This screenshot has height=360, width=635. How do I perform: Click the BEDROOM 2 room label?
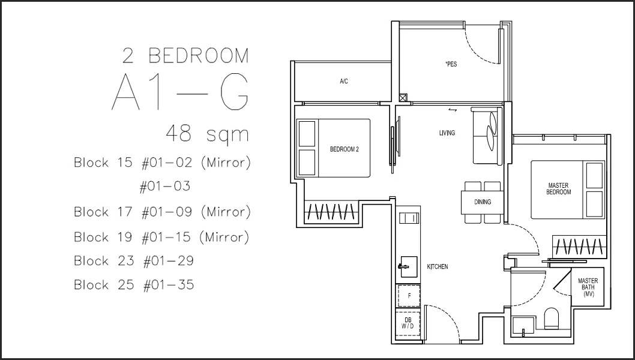coord(345,149)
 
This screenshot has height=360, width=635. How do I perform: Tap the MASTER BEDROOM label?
coord(558,189)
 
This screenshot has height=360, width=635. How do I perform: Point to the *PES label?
coord(451,64)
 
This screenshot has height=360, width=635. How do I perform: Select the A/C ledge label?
coord(344,82)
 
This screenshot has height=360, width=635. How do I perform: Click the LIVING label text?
coord(447,133)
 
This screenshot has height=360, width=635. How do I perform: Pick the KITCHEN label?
coord(438,267)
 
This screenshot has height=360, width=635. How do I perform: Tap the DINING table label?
coord(483,202)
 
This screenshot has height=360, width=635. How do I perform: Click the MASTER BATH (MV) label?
coord(588,287)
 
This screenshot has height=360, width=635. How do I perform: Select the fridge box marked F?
coord(408,296)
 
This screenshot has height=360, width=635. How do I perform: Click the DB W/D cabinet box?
coord(408,323)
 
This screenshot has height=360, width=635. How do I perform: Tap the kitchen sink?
coord(409,266)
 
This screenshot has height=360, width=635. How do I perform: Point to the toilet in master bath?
coord(551,318)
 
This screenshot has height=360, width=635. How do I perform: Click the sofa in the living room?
coord(484,136)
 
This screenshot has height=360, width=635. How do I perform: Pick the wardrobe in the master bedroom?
coord(579,246)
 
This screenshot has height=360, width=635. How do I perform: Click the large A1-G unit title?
coord(180,94)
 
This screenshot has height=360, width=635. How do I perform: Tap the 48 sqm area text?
coord(207,133)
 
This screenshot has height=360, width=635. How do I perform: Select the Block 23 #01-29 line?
coord(134,261)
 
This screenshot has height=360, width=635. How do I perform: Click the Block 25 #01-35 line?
coord(134,284)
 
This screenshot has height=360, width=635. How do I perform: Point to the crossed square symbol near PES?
coord(403,98)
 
